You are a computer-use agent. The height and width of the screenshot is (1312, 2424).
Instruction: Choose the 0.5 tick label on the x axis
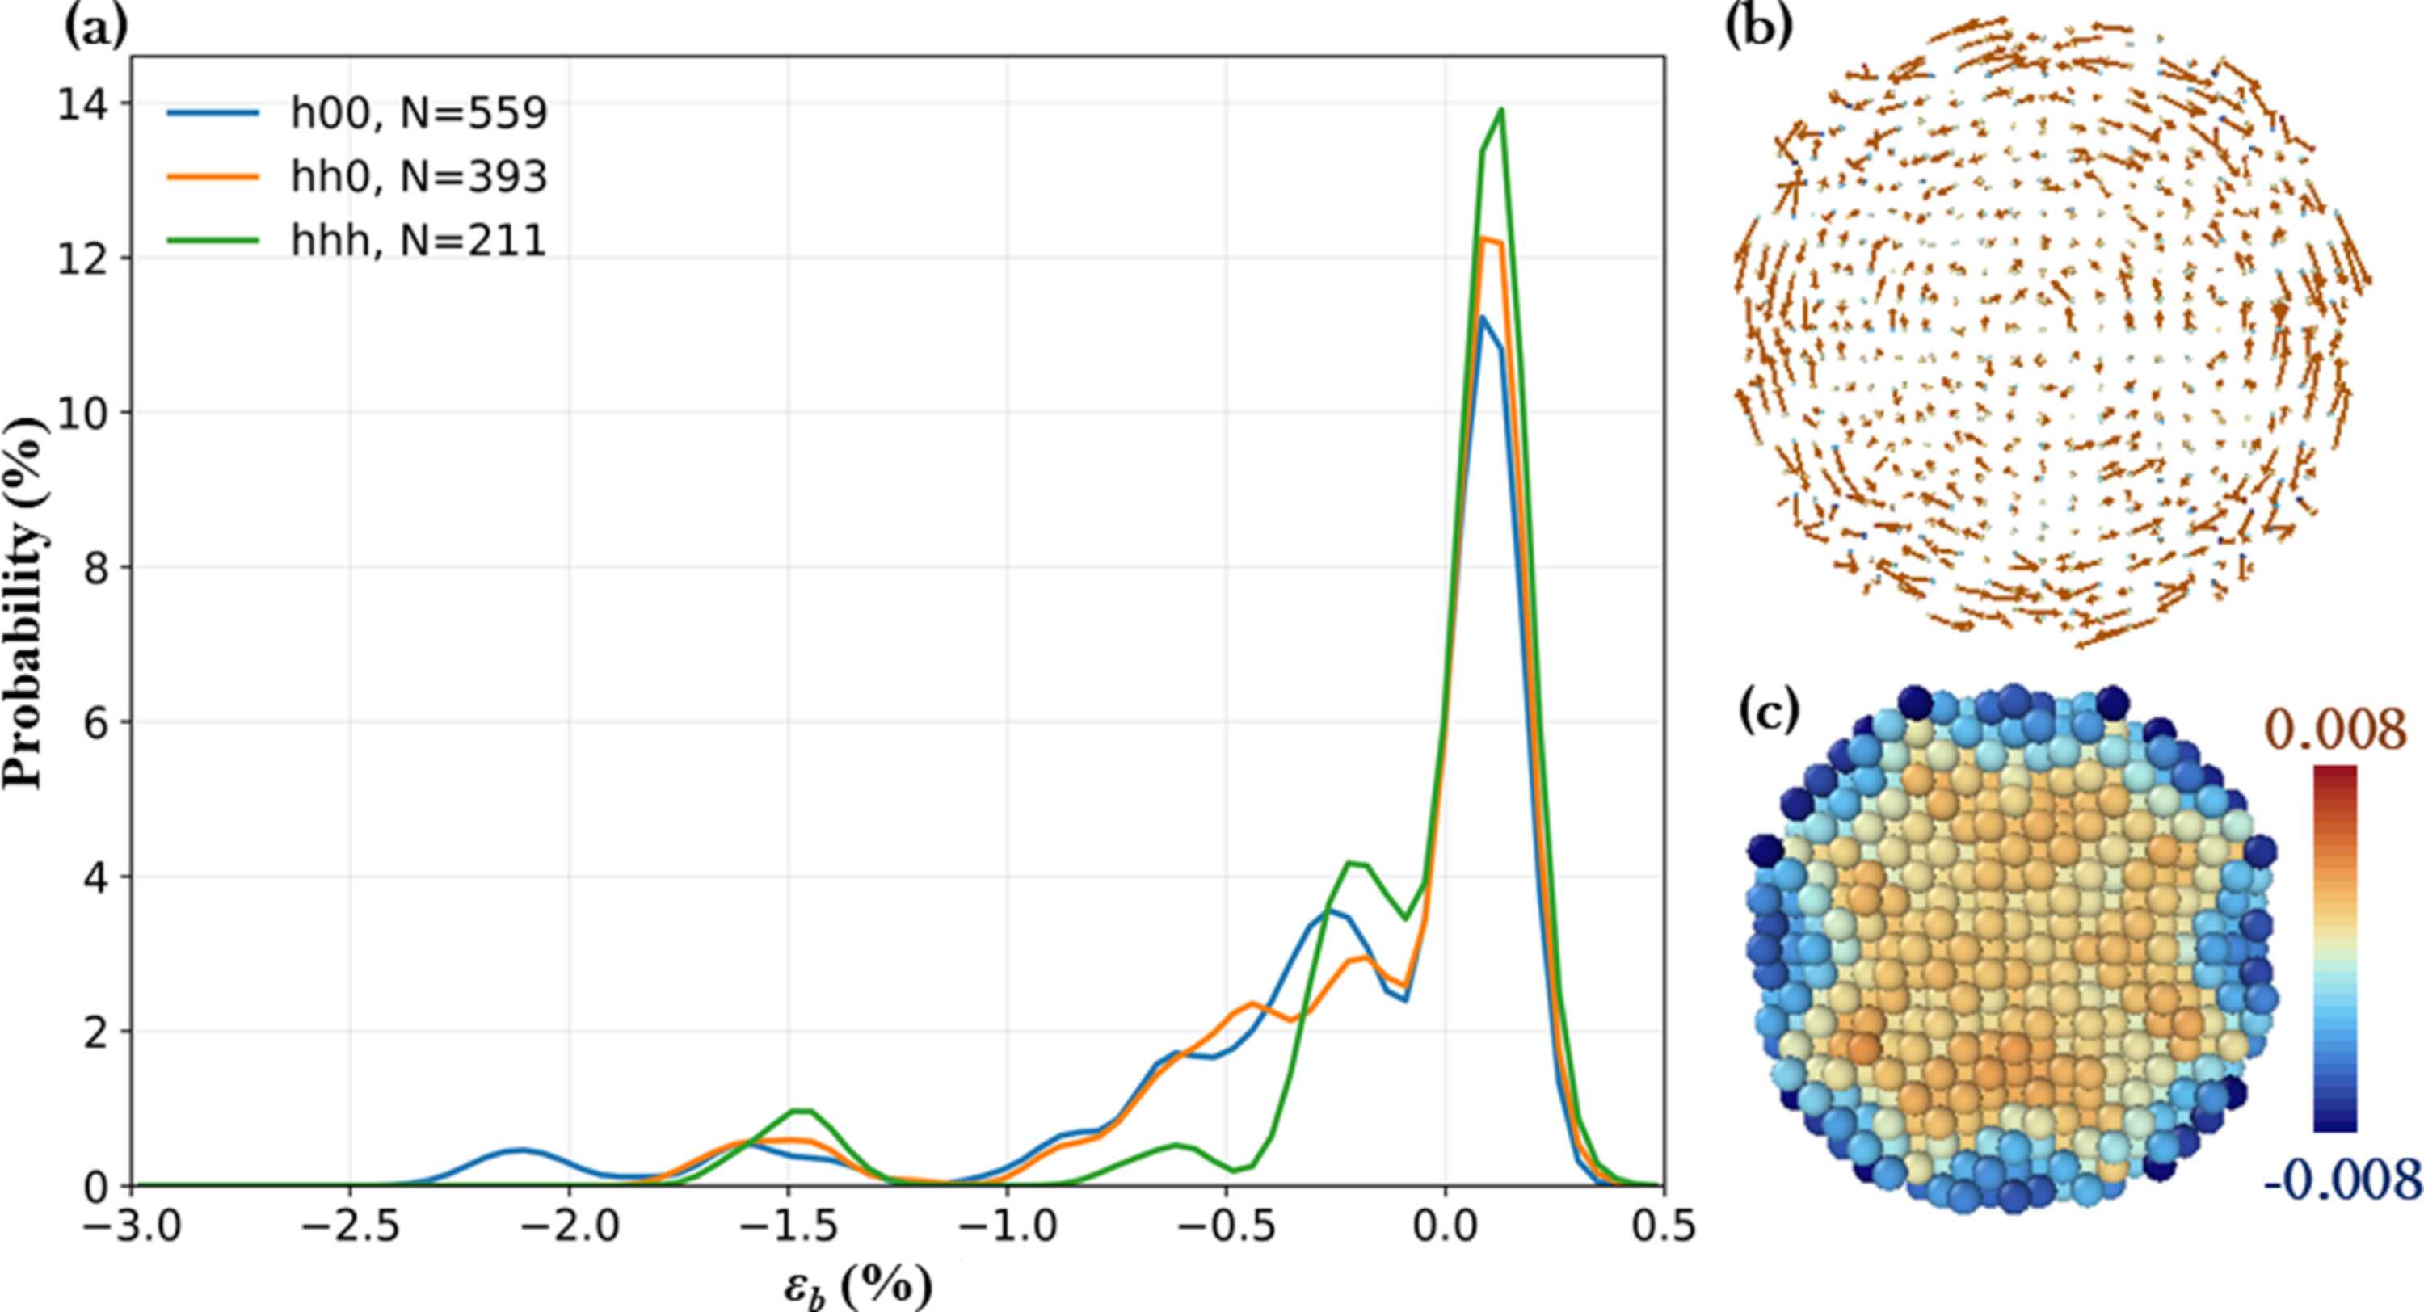(x=1664, y=1226)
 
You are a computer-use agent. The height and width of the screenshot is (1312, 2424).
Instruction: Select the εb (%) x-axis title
(x=858, y=1285)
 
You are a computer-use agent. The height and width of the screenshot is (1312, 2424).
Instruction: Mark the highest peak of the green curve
(x=1501, y=109)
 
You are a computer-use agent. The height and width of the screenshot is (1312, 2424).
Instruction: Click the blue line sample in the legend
(x=213, y=114)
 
